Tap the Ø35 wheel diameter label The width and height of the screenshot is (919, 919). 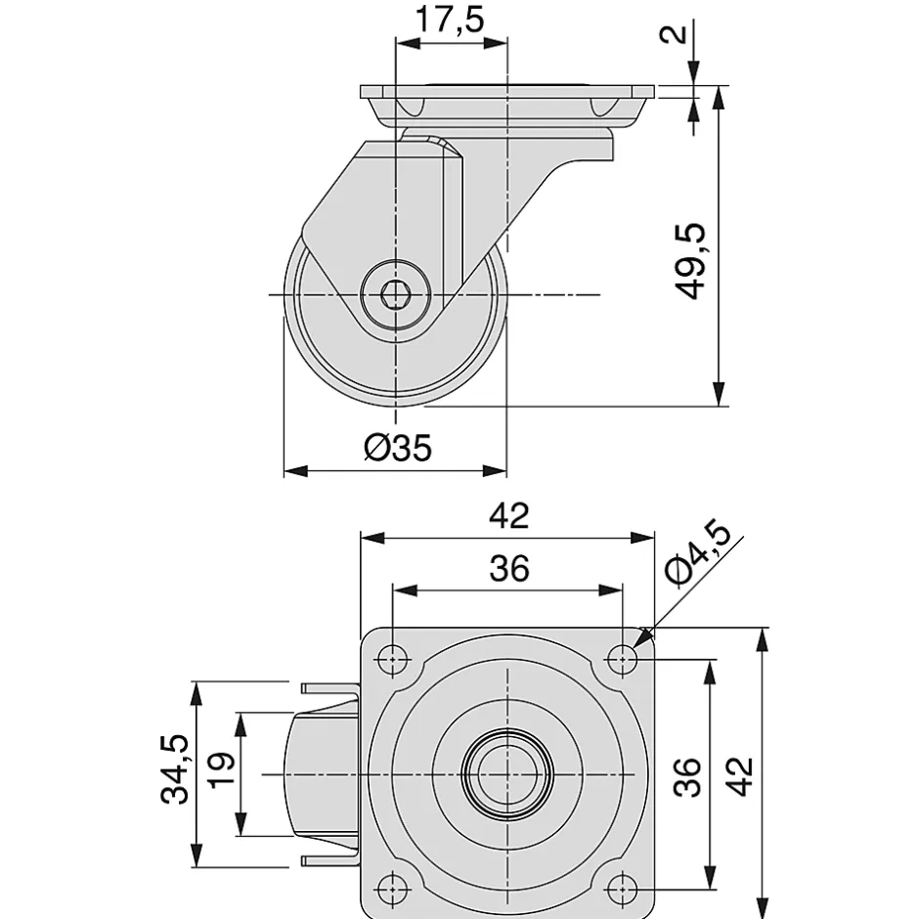click(x=396, y=447)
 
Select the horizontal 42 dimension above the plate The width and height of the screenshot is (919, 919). click(x=508, y=516)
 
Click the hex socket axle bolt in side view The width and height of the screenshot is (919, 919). click(x=395, y=293)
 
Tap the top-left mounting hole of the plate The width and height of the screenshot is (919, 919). click(x=393, y=659)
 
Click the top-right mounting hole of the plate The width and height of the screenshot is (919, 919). click(x=622, y=659)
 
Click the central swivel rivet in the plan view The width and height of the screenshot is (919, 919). click(x=507, y=773)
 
